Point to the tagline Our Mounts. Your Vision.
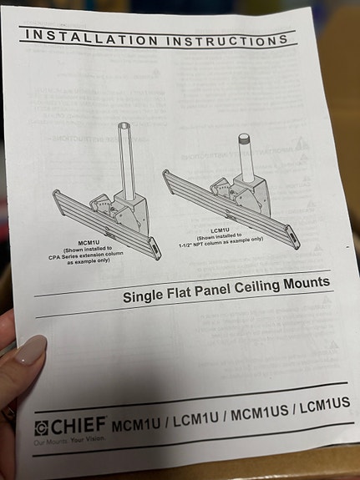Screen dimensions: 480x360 (x=71, y=442)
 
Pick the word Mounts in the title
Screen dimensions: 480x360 (x=308, y=282)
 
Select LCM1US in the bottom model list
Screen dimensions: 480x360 (x=325, y=407)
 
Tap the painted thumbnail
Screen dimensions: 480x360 (x=28, y=351)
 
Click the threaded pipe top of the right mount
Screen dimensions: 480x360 (x=244, y=140)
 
